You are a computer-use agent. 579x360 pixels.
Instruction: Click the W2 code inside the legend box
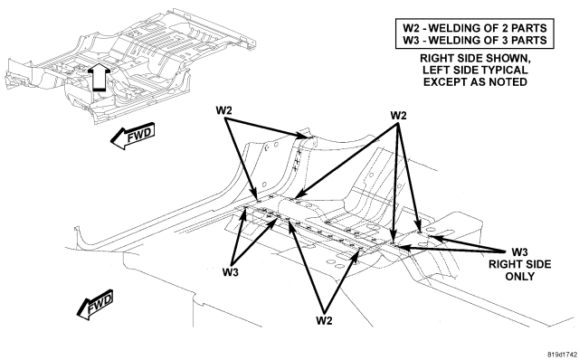pyautogui.click(x=412, y=28)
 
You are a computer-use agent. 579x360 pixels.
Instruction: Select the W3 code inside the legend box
pyautogui.click(x=412, y=40)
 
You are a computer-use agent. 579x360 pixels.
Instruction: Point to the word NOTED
pyautogui.click(x=508, y=82)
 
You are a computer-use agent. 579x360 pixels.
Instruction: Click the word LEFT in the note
pyautogui.click(x=437, y=71)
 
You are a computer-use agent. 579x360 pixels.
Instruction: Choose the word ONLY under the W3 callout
pyautogui.click(x=519, y=276)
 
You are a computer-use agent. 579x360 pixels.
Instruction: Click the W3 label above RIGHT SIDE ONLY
pyautogui.click(x=519, y=252)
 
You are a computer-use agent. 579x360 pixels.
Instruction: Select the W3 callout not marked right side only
pyautogui.click(x=231, y=272)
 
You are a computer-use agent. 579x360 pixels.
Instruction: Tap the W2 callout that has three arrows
pyautogui.click(x=398, y=116)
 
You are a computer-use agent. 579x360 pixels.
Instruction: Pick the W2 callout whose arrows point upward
pyautogui.click(x=324, y=320)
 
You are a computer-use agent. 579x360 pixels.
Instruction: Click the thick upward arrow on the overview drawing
pyautogui.click(x=99, y=76)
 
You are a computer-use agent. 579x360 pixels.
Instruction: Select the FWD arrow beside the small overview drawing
pyautogui.click(x=133, y=136)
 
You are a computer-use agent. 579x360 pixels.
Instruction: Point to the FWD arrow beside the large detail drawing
pyautogui.click(x=95, y=304)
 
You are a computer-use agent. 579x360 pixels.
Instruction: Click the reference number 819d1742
pyautogui.click(x=562, y=354)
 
